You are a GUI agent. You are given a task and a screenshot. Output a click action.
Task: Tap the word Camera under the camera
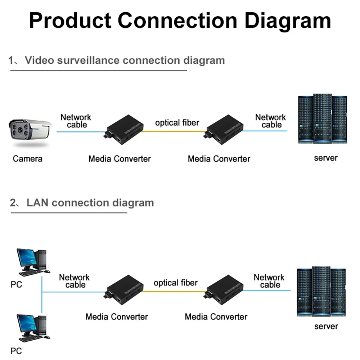(27, 159)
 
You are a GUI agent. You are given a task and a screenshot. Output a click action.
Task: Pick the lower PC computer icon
(32, 328)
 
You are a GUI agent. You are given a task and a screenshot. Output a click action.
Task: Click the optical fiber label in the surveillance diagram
(177, 123)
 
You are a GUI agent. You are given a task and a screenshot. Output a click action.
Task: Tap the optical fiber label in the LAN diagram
(176, 283)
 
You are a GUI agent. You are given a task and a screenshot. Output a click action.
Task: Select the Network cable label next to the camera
(76, 121)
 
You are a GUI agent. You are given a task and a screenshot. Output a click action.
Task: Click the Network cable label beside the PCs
(75, 281)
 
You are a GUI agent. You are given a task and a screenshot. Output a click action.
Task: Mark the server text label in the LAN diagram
(326, 327)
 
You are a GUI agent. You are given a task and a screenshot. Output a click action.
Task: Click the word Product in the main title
(70, 21)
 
